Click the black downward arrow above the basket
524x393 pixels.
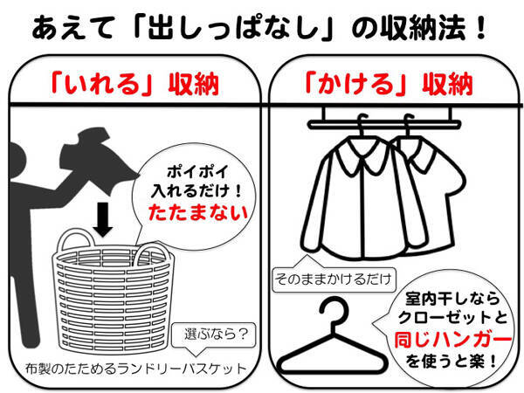click(x=102, y=220)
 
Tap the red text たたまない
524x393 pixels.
click(x=198, y=212)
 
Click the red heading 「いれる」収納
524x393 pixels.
click(x=134, y=84)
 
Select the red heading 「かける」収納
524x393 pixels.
click(x=390, y=84)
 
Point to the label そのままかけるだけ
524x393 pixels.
click(x=334, y=279)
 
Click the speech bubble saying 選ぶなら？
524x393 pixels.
click(x=214, y=334)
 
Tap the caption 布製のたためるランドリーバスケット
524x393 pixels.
click(x=136, y=369)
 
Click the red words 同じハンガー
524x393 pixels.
click(x=452, y=341)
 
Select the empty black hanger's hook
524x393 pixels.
click(x=334, y=309)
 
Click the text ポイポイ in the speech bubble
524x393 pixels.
click(x=197, y=172)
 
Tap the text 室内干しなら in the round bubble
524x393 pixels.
click(x=452, y=299)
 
